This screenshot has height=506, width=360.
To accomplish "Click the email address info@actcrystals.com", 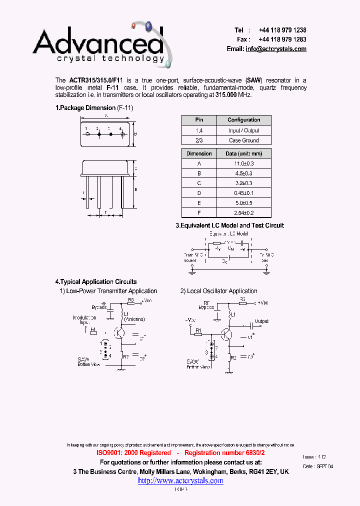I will (x=276, y=49).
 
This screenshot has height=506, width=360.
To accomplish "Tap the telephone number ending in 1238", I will (x=282, y=30).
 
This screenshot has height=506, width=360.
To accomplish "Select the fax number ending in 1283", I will (x=282, y=39).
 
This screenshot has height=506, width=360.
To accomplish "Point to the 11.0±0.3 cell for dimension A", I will (x=243, y=163).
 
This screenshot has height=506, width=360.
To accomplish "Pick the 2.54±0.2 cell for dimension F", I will (x=243, y=213).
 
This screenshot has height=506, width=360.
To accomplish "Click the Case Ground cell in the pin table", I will (x=243, y=140).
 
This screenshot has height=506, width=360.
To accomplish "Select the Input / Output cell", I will (x=243, y=130).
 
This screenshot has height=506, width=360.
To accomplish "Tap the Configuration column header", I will (x=243, y=120).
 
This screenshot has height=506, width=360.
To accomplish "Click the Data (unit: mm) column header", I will (x=243, y=153).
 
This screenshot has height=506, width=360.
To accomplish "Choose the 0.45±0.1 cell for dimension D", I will (x=243, y=193).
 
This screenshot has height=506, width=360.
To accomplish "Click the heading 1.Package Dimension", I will (x=85, y=107).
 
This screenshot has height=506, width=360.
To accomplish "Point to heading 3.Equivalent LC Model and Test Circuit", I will (x=229, y=225).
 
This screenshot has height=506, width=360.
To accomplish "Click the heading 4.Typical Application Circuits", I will (x=96, y=282).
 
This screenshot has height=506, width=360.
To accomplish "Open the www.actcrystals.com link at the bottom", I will (x=180, y=480).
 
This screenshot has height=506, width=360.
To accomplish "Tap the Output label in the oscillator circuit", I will (x=261, y=321).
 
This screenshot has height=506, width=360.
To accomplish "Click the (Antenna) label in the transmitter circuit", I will (x=134, y=319).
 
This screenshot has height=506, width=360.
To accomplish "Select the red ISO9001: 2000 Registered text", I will (x=133, y=452).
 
